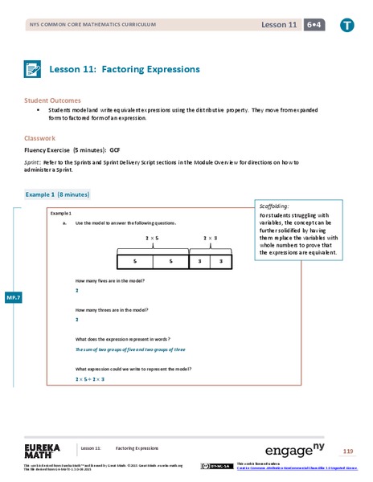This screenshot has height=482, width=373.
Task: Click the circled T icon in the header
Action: (x=347, y=26)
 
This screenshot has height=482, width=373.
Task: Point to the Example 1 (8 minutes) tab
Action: (x=57, y=194)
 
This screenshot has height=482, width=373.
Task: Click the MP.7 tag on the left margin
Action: (x=14, y=298)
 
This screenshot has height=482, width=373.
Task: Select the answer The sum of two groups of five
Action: (x=129, y=349)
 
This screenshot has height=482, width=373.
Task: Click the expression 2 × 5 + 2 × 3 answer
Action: (x=90, y=378)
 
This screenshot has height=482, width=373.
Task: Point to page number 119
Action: (x=347, y=450)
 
